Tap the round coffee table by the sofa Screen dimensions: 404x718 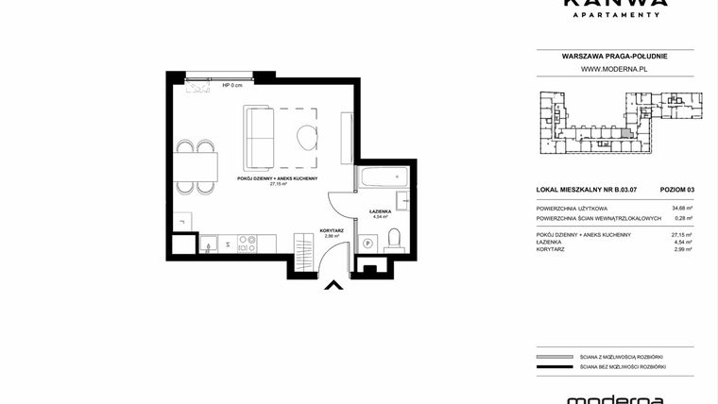[x=308, y=137]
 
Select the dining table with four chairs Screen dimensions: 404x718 [x=197, y=167]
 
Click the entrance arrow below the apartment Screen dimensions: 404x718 [x=332, y=285]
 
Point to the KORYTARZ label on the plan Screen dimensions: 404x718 [x=331, y=230]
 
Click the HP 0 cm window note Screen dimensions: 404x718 [x=232, y=86]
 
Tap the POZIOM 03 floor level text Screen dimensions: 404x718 [x=676, y=190]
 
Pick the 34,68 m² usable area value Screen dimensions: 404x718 [x=680, y=208]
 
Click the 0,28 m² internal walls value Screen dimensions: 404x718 [x=680, y=218]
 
